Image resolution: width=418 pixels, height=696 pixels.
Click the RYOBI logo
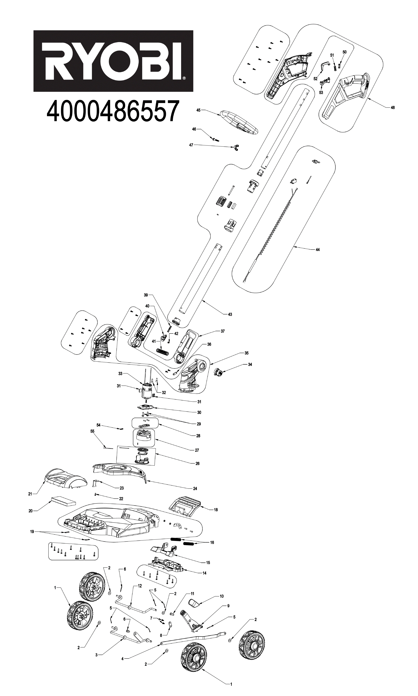pyautogui.click(x=113, y=61)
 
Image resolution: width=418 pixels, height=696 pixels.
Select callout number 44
pyautogui.click(x=318, y=250)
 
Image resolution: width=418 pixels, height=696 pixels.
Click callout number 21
pyautogui.click(x=30, y=494)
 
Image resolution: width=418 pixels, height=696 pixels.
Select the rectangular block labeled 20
pyautogui.click(x=63, y=502)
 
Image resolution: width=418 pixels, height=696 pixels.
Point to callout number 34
pyautogui.click(x=250, y=364)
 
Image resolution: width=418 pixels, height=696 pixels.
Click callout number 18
pyautogui.click(x=216, y=509)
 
